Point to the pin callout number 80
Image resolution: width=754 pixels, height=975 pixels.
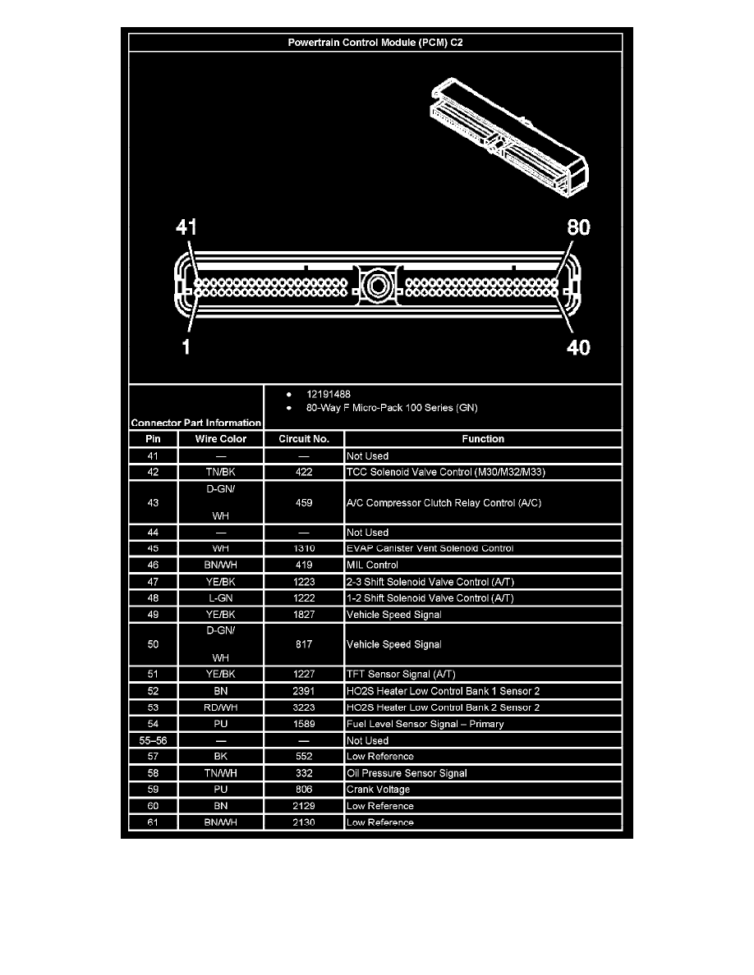tap(578, 227)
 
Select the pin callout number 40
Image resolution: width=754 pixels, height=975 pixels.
tap(578, 347)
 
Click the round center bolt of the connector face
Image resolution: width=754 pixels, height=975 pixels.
tap(377, 286)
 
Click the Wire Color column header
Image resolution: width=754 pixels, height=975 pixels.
tap(221, 439)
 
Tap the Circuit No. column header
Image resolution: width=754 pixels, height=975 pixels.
tap(304, 439)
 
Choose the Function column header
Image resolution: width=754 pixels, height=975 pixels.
tap(483, 439)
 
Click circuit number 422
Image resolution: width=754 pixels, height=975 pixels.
tap(304, 472)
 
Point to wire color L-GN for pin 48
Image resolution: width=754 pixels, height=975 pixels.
tap(221, 597)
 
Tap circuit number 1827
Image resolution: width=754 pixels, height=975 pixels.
tap(304, 614)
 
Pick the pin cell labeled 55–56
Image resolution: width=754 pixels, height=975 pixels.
tap(153, 740)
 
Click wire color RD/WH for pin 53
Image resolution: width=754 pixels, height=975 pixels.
tap(221, 707)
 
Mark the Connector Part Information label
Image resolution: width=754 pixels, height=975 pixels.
tap(196, 423)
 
